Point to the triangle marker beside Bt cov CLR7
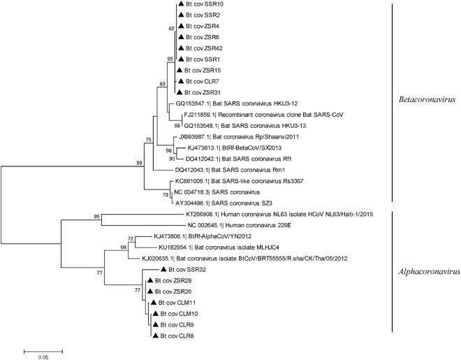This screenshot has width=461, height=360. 180,82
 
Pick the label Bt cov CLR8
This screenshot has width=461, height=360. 175,336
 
